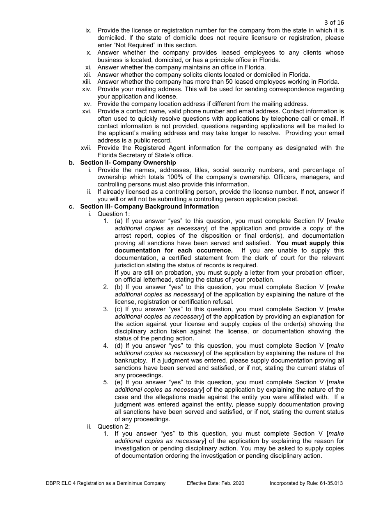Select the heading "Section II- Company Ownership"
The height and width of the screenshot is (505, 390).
128,163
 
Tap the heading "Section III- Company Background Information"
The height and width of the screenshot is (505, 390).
149,207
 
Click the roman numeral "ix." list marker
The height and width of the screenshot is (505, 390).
89,30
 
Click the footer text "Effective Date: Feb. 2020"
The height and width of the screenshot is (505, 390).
215,483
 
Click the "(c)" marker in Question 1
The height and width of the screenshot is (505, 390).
119,309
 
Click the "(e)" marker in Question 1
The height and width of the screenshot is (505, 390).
119,382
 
